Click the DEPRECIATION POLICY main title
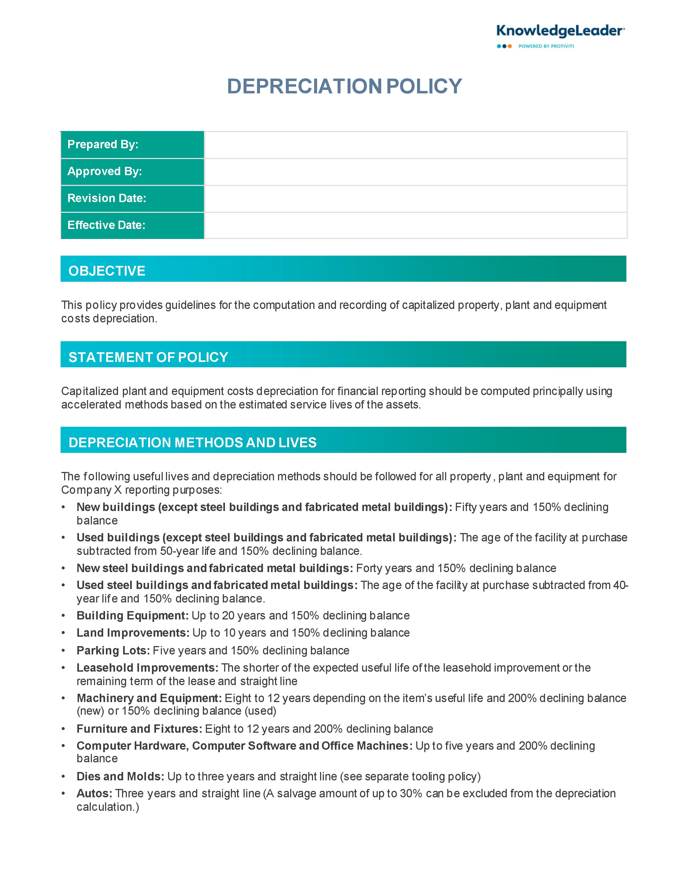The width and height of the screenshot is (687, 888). tap(344, 86)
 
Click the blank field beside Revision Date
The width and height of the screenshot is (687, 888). tap(415, 198)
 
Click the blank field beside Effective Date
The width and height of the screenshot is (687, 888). tap(415, 225)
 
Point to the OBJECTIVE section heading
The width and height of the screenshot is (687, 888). tap(107, 271)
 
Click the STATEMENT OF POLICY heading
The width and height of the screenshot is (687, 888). tap(148, 357)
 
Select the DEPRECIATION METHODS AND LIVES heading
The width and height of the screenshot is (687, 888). tap(193, 442)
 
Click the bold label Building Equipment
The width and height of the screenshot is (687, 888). tap(132, 616)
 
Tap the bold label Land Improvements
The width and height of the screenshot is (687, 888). tap(133, 633)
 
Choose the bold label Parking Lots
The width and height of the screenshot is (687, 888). tap(113, 651)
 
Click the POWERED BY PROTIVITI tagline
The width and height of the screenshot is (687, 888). tap(546, 46)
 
